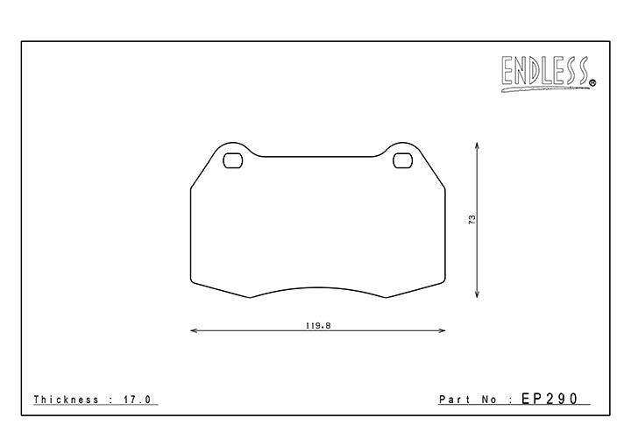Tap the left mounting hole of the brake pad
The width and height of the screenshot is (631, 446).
click(233, 161)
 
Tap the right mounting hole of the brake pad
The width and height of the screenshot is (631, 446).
click(402, 161)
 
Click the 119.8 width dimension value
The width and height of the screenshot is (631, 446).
click(318, 326)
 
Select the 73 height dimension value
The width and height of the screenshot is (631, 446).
click(472, 220)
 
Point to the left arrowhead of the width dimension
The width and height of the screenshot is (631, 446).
click(193, 331)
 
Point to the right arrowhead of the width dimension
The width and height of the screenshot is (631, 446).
click(442, 331)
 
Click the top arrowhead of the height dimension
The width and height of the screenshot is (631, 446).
click(477, 145)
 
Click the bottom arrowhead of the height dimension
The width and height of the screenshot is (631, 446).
click(477, 294)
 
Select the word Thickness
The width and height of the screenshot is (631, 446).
click(67, 400)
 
